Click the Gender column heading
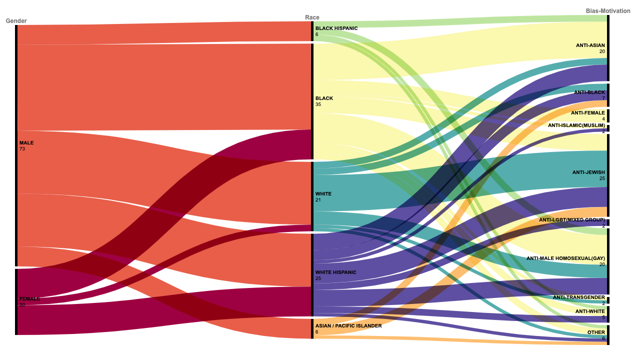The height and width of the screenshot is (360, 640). (16, 21)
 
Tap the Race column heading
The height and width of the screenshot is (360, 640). (312, 17)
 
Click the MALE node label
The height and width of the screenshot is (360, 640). (26, 143)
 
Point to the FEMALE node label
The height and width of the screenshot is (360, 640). (29, 299)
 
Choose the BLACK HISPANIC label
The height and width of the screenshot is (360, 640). (336, 28)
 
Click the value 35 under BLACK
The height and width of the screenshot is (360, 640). (318, 104)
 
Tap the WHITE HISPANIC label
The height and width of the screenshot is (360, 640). (335, 272)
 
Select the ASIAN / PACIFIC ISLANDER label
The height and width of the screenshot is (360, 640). (348, 325)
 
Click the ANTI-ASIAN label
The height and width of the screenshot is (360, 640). (590, 45)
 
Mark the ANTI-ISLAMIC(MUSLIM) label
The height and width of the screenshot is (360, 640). (576, 125)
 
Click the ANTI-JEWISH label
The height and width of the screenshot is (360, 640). (588, 172)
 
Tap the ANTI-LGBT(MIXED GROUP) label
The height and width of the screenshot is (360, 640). (571, 220)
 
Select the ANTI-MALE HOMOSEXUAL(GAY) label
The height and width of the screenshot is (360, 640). (565, 258)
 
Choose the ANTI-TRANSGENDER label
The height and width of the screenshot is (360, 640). (578, 297)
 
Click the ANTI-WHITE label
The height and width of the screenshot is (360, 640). (590, 311)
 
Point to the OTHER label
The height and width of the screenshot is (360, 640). (596, 332)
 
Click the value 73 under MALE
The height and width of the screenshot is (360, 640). (22, 149)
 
